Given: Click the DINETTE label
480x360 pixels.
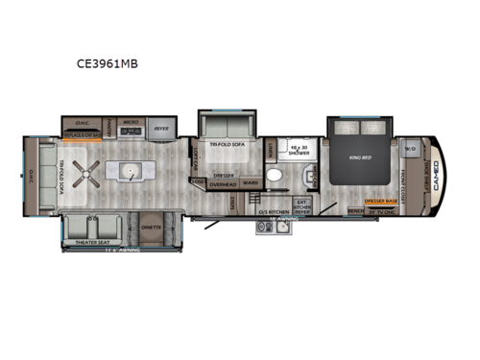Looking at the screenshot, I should coord(152,228).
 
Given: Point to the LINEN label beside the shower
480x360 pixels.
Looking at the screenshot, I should coord(272,150).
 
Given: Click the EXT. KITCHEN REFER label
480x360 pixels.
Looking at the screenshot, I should coord(300,204).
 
